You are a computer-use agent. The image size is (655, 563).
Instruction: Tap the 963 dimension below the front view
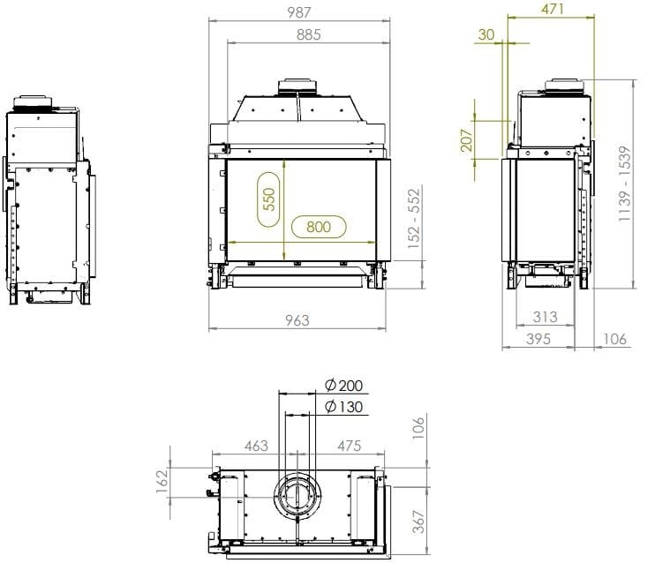[x=297, y=320]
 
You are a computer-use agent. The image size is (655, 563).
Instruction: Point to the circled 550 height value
[x=269, y=201]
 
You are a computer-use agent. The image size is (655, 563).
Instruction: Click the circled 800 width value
[x=318, y=227]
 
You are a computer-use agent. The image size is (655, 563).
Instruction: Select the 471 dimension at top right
[x=553, y=9]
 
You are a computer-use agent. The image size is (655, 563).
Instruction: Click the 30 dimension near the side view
[x=486, y=34]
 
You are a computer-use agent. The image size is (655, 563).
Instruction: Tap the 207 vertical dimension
[x=466, y=139]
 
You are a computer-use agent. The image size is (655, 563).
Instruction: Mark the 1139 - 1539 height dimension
[x=625, y=184]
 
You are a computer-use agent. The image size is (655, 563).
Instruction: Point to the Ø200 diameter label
[x=343, y=387]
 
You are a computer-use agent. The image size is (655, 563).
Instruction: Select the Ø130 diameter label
[x=343, y=406]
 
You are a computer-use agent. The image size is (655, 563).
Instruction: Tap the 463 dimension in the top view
[x=255, y=447]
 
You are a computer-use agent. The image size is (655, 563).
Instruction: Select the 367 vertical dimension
[x=418, y=522]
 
